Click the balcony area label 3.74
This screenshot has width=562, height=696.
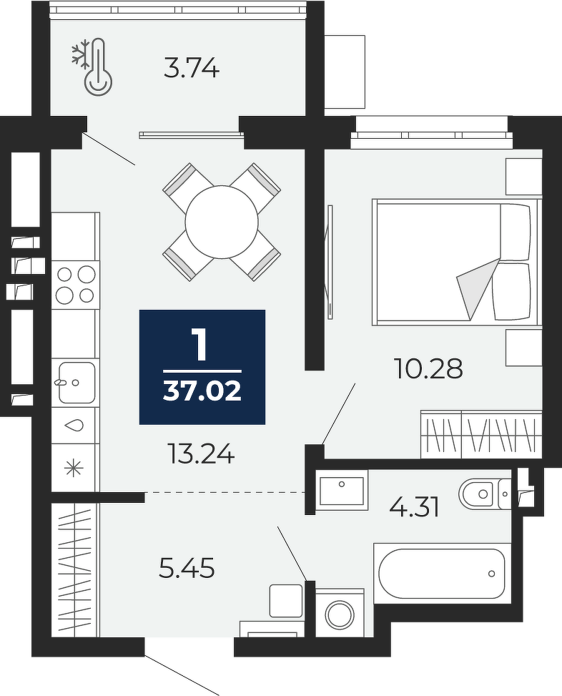192,69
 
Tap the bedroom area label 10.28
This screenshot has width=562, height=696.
428,369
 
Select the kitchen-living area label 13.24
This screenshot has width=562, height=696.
202,454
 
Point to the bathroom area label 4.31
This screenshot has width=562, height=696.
414,507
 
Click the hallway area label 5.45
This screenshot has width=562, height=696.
187,569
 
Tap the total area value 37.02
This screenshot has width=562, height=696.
202,391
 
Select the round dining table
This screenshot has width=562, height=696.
222,222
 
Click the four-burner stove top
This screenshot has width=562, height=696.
76,285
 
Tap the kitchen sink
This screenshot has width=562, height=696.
77,382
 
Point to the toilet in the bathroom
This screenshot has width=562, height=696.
485,493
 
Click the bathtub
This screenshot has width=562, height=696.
441,573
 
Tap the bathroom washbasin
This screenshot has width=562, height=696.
342,491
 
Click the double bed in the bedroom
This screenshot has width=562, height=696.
457,263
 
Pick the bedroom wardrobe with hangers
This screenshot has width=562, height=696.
481,434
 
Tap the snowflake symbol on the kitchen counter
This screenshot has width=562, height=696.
74,469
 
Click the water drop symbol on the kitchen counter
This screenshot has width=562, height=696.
74,425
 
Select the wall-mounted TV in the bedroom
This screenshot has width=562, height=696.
329,261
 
